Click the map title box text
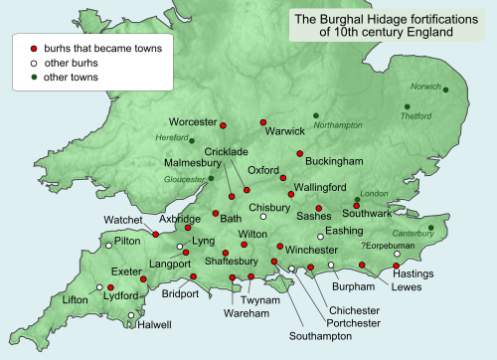pos(385,25)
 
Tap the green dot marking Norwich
pos(445,90)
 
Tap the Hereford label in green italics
pos(171,137)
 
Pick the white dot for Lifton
pos(99,288)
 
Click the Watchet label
pos(123,219)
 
